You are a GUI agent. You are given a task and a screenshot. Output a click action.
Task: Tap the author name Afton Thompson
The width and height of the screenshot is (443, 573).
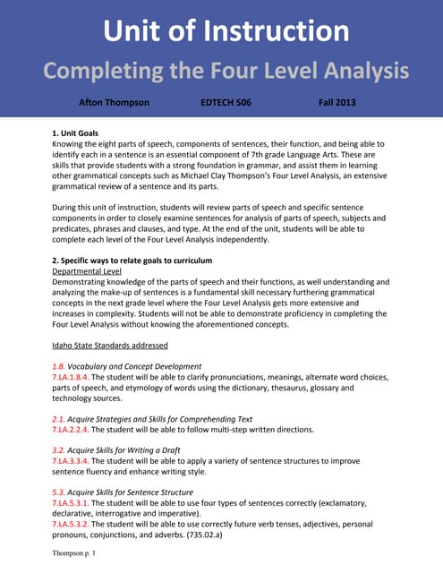(114, 103)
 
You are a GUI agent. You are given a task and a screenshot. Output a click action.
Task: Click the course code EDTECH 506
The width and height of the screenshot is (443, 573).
(226, 103)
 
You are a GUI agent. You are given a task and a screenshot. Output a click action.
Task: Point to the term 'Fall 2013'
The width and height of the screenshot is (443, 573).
(337, 103)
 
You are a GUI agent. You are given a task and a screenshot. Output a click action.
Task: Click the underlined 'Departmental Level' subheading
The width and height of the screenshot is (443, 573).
(88, 270)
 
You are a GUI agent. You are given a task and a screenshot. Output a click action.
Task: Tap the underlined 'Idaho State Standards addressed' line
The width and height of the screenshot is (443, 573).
(110, 345)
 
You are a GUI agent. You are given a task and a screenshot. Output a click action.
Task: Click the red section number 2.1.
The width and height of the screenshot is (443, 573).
(58, 419)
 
